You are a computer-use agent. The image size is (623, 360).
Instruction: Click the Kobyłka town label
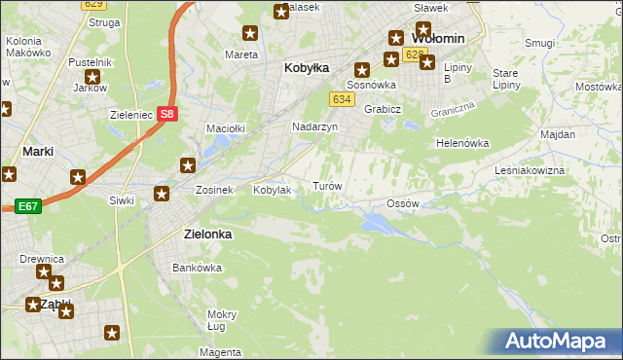tap(307, 68)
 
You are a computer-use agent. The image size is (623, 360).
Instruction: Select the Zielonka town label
tap(208, 234)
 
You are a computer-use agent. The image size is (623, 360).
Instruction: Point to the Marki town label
tap(37, 152)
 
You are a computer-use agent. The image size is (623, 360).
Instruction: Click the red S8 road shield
tap(168, 114)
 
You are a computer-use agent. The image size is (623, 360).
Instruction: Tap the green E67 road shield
tap(27, 206)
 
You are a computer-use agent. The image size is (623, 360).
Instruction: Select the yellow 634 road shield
tap(341, 99)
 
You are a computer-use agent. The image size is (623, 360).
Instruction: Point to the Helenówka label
tap(461, 143)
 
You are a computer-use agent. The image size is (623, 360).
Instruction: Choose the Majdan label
tap(558, 133)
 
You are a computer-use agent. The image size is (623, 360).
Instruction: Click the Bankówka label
tap(192, 267)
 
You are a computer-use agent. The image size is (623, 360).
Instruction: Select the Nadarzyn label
tap(315, 127)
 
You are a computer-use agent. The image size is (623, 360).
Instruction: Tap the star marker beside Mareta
tap(250, 34)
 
